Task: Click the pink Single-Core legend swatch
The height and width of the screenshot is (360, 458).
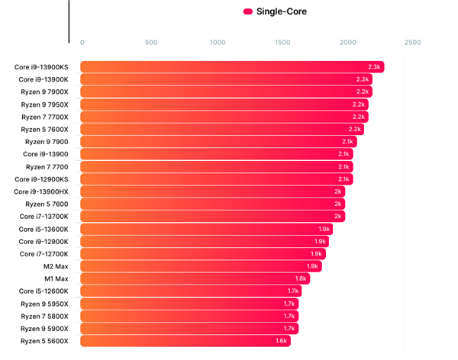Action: click(247, 11)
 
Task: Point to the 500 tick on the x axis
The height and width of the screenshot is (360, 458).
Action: click(151, 43)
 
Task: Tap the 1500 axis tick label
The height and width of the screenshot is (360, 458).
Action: click(282, 43)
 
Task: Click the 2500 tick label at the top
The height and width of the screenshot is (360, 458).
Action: click(412, 43)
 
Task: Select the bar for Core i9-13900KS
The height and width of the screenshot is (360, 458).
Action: click(232, 67)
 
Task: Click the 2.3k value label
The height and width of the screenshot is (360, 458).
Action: click(374, 67)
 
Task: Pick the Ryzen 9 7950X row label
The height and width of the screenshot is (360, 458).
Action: click(44, 104)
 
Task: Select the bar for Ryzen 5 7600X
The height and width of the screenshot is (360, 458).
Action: click(222, 130)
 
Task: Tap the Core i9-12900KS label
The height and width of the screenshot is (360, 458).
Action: click(41, 179)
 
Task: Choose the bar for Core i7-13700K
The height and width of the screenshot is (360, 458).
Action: click(213, 217)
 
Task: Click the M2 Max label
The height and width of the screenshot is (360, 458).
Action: click(56, 266)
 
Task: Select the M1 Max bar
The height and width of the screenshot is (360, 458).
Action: click(195, 279)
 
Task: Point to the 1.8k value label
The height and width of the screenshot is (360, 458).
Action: click(301, 278)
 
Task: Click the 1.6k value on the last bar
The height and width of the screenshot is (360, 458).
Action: click(281, 341)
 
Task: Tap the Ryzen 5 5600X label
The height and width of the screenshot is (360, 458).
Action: click(44, 341)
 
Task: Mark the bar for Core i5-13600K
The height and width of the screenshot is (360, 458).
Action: click(207, 230)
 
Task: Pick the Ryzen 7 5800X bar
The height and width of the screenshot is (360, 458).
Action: click(189, 317)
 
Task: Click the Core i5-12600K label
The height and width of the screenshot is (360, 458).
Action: click(44, 291)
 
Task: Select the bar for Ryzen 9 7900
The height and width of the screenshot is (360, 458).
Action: click(218, 142)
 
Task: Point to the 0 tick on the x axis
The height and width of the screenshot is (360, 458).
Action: click(82, 43)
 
